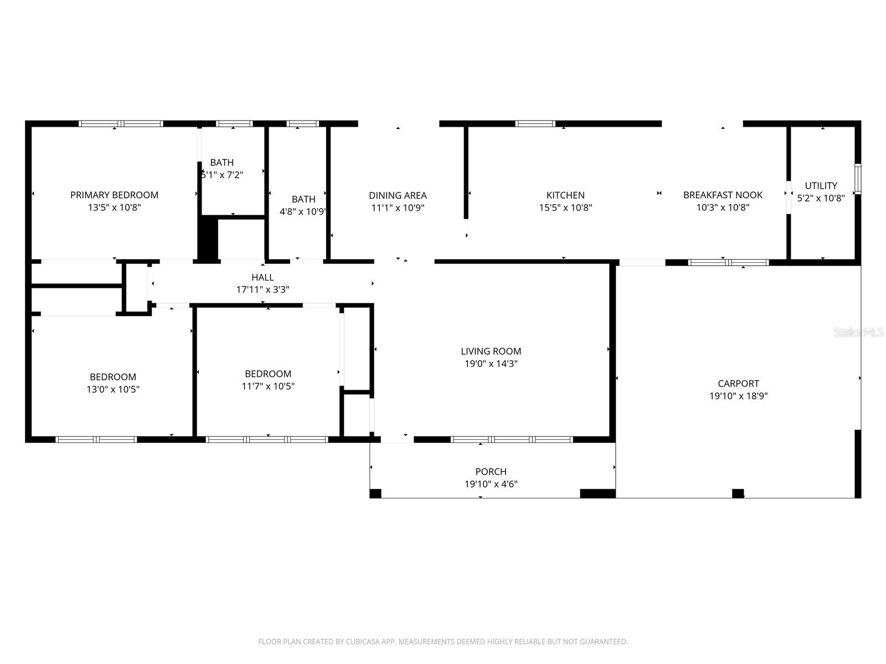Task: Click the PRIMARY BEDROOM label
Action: coord(114,195)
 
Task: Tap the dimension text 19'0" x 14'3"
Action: coord(491,364)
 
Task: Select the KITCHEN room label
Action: coord(565,195)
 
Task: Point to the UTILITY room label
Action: coord(821,185)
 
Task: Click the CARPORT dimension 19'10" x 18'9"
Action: coord(738,396)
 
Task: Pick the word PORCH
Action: coord(491,471)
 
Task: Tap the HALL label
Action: coord(262,277)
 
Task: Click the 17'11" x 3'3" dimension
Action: coord(262,289)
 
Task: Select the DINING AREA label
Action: coord(398,195)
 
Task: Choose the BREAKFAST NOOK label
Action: coord(723,195)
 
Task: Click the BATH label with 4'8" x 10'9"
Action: coord(303,199)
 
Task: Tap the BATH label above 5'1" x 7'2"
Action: coord(221,162)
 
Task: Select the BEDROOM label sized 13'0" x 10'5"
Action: coord(113,377)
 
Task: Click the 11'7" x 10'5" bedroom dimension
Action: coord(268,386)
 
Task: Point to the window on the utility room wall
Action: coord(857,178)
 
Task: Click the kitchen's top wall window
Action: coord(535,123)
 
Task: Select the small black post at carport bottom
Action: coord(738,493)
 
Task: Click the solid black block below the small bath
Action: coord(208,238)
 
